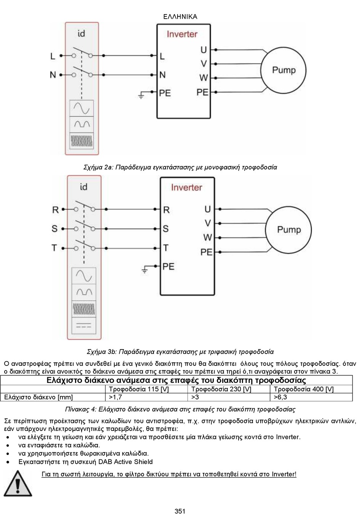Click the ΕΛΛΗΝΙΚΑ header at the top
180,17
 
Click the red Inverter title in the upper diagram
182,34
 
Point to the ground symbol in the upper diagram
141,95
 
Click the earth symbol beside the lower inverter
145,270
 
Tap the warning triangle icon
18,483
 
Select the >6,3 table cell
280,397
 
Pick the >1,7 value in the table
115,397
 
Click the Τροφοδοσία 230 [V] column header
221,389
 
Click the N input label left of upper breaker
53,75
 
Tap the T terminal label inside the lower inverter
166,248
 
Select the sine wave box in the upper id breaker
82,108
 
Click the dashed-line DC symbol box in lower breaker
84,325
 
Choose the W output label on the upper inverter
203,78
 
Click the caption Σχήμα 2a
99,167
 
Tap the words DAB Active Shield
125,462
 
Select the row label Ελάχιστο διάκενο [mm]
38,397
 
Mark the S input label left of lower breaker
54,229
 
